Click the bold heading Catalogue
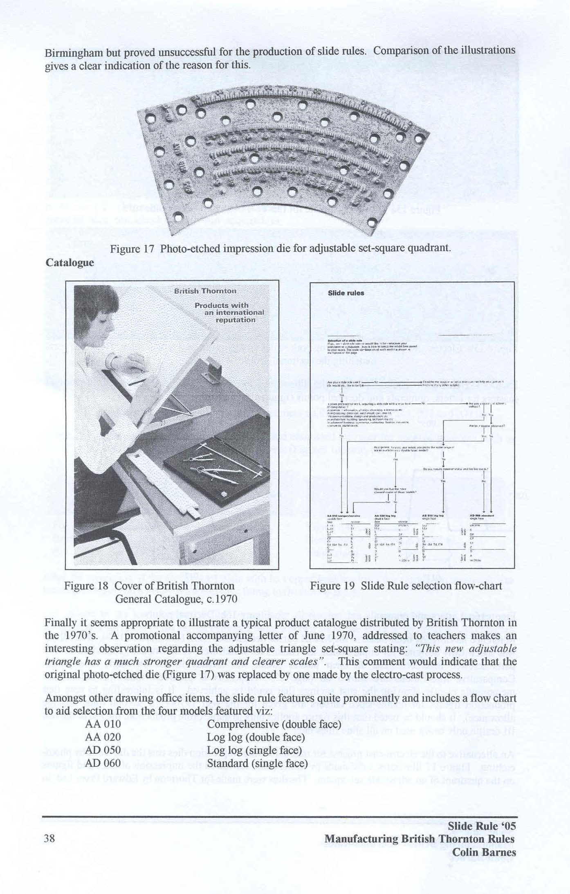pyautogui.click(x=69, y=262)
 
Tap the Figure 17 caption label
pyautogui.click(x=133, y=249)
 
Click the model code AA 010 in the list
pyautogui.click(x=103, y=724)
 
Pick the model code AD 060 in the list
pyautogui.click(x=103, y=763)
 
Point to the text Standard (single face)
pyautogui.click(x=257, y=763)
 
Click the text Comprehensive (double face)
pyautogui.click(x=274, y=724)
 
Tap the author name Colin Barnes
pyautogui.click(x=484, y=852)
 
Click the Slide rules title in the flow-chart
pyautogui.click(x=346, y=293)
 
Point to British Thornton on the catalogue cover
pyautogui.click(x=205, y=291)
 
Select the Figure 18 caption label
pyautogui.click(x=86, y=586)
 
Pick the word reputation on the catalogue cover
pyautogui.click(x=236, y=320)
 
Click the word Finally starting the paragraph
pyautogui.click(x=60, y=622)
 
